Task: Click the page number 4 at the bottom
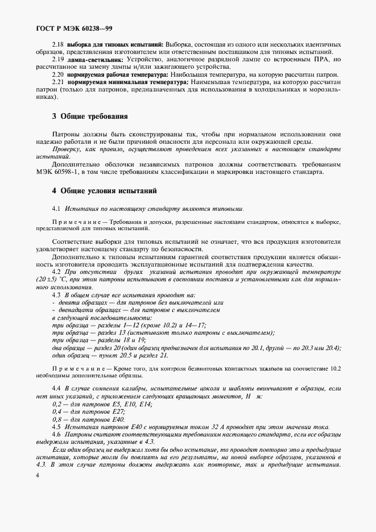[37, 475]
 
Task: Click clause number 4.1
[56, 209]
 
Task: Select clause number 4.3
[56, 296]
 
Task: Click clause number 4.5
[56, 426]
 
